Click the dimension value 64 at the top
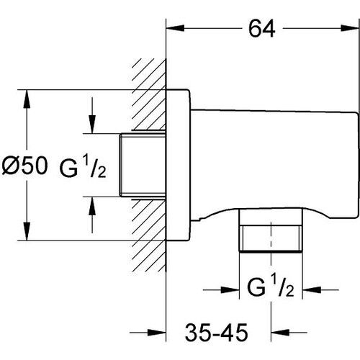(261, 28)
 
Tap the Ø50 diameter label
(24, 166)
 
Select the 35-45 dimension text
(216, 332)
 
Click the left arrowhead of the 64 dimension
(175, 28)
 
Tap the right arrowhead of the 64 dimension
(350, 28)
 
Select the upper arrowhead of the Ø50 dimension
(27, 99)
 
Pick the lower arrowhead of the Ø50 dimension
(27, 231)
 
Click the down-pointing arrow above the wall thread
(92, 125)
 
